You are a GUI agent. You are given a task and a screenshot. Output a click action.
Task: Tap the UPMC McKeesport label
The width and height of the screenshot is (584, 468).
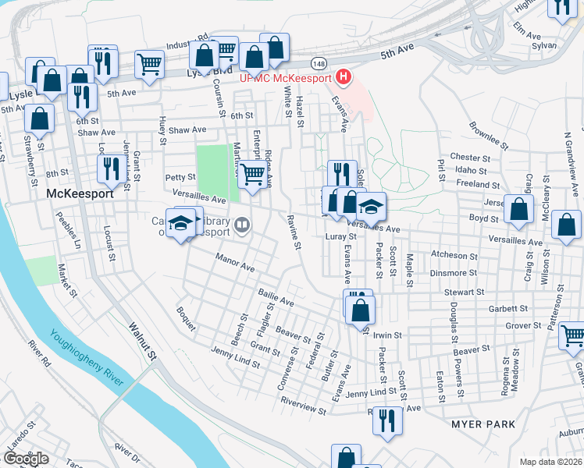(286, 77)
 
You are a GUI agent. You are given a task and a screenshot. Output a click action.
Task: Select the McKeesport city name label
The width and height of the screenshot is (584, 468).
(80, 193)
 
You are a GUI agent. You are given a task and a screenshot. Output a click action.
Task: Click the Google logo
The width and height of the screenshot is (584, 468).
(27, 459)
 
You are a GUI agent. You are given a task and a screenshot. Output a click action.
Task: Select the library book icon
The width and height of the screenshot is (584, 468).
(242, 227)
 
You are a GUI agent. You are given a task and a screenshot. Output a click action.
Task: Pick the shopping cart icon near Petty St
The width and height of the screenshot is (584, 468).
(251, 175)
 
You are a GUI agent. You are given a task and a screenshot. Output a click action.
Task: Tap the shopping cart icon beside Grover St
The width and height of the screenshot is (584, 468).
(573, 335)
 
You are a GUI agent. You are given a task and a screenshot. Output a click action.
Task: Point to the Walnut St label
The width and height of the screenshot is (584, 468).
(143, 342)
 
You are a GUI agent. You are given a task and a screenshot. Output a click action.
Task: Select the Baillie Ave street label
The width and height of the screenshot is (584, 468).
(276, 296)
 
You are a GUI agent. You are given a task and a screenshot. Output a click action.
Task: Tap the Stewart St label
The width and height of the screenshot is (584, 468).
(465, 292)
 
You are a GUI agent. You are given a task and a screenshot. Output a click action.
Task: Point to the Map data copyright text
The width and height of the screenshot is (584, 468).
(551, 461)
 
